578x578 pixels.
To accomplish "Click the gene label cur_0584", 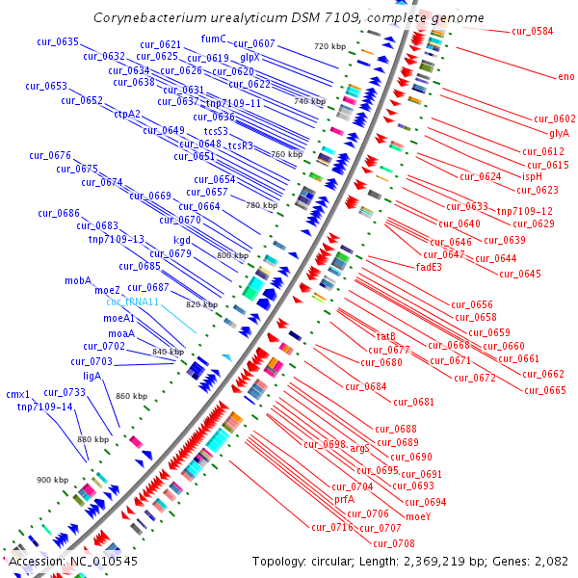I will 532,32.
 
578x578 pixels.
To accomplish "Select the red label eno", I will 565,77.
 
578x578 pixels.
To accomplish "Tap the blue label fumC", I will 213,39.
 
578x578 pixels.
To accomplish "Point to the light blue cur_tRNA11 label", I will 133,302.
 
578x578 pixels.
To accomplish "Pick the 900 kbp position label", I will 53,480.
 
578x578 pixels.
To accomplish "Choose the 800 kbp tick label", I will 232,255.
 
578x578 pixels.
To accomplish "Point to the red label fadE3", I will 429,267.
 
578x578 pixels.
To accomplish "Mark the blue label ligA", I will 92,376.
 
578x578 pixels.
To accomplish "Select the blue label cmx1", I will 18,394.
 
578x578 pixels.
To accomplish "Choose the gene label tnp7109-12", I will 524,211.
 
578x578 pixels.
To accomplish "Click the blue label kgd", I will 182,240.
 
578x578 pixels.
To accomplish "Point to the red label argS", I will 359,448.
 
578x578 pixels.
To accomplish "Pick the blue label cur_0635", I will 58,41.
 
